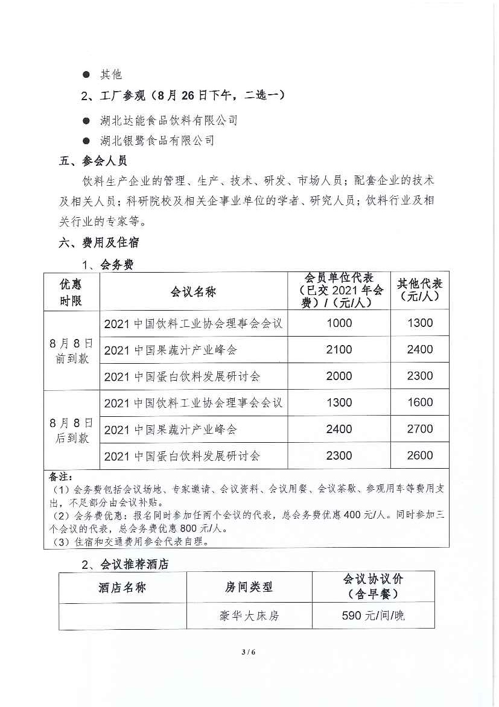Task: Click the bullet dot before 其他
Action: coord(86,75)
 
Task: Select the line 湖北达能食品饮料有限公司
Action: coord(168,121)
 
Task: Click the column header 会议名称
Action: coord(193,292)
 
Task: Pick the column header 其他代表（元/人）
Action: coord(420,291)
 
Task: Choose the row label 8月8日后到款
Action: coord(72,430)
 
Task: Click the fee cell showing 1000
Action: coord(338,323)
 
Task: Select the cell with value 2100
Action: coord(338,349)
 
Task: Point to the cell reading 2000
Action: coord(338,376)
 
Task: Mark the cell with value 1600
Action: coord(420,402)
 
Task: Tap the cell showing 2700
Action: coord(420,429)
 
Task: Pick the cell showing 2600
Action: coord(420,455)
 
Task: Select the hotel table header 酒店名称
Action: coord(122,587)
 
